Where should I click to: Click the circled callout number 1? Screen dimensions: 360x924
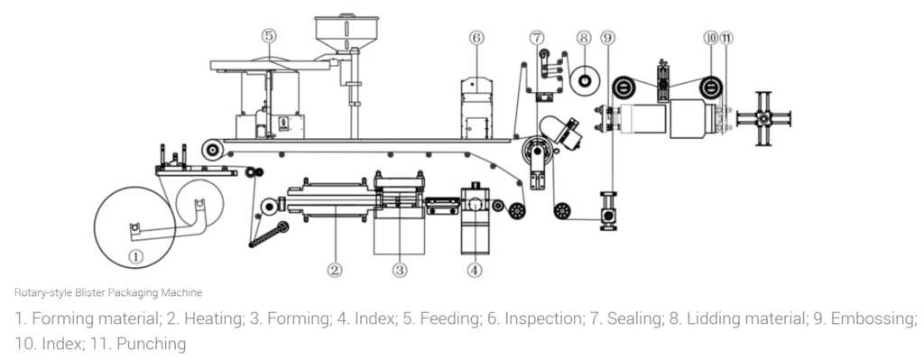coord(135,255)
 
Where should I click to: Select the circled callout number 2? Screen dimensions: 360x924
coord(334,269)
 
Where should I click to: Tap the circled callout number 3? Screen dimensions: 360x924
coord(400,269)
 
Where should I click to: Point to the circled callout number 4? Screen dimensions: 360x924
coord(475,269)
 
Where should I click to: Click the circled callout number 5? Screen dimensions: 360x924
coord(268,36)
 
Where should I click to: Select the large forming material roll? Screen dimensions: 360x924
coord(135,226)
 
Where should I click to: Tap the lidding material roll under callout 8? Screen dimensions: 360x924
coord(584,81)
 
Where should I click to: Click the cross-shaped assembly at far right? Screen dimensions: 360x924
coord(764,117)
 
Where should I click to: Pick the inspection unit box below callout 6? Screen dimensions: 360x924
coord(476,108)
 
